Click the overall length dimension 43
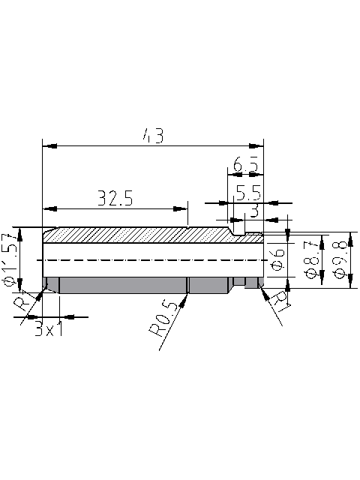tap(153, 136)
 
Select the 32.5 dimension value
tap(115, 199)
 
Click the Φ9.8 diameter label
tap(340, 260)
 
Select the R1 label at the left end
tap(25, 303)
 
